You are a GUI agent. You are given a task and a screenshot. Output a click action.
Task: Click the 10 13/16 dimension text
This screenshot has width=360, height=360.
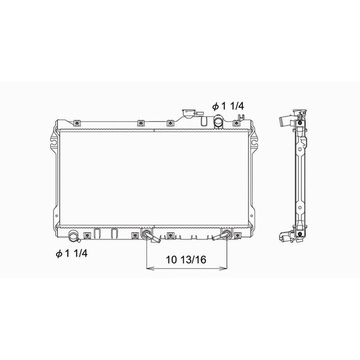pos(186,260)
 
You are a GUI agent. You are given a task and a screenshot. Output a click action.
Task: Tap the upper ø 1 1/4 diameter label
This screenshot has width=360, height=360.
pos(228,106)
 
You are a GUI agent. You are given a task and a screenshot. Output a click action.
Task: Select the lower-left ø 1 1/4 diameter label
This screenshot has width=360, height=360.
pos(71,253)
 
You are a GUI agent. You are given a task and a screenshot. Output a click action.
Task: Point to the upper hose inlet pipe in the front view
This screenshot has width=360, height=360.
pos(218,122)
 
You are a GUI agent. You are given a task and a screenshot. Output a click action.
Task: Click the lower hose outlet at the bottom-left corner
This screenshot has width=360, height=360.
pos(74,236)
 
